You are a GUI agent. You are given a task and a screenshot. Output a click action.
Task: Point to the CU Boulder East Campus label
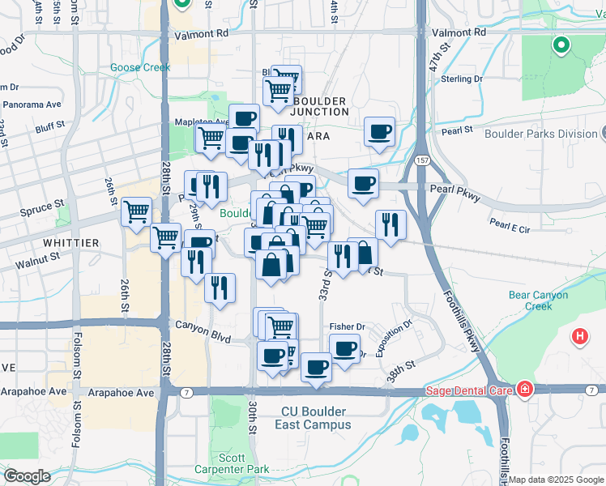(x=317, y=418)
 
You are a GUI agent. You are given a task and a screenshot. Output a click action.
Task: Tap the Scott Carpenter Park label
(x=232, y=463)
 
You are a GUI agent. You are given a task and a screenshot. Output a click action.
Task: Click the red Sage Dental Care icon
(x=525, y=390)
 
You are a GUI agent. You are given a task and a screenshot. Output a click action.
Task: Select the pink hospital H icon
(x=579, y=335)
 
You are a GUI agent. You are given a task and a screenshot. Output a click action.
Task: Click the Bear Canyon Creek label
(x=539, y=301)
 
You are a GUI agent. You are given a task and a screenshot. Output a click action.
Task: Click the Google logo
(x=27, y=475)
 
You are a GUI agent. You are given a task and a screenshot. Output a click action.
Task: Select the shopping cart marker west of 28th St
(x=136, y=212)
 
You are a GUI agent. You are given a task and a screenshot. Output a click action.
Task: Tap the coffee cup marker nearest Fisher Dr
(x=344, y=348)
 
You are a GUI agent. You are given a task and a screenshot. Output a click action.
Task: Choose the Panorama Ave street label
(x=32, y=104)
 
